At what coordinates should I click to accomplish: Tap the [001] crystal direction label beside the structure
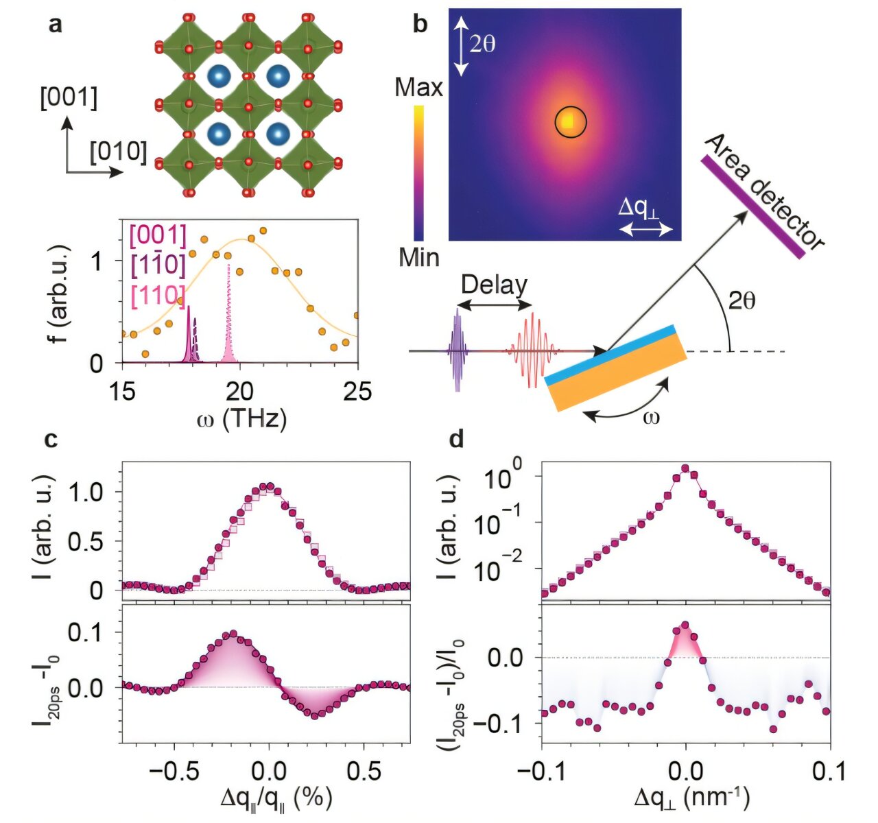pos(68,98)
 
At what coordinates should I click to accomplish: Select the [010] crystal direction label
pos(118,152)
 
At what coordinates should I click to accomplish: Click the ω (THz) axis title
pos(240,418)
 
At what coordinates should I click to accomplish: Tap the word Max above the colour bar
pos(419,88)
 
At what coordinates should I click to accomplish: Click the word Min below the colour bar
pos(418,257)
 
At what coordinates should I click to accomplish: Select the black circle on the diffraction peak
pos(571,122)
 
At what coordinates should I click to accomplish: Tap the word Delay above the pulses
pos(494,285)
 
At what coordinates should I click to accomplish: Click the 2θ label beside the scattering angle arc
pos(741,300)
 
